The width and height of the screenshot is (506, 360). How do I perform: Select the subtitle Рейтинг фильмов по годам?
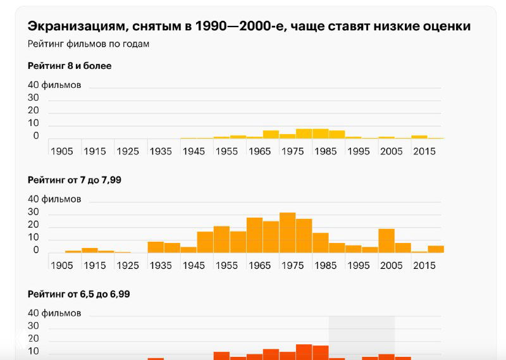tap(88, 44)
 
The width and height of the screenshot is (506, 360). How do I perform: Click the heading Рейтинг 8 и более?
tap(70, 66)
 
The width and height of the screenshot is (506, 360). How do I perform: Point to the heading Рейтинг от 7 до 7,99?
tap(75, 180)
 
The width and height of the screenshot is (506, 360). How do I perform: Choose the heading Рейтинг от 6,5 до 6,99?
tap(79, 294)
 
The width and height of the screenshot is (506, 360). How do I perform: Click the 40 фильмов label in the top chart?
tap(54, 85)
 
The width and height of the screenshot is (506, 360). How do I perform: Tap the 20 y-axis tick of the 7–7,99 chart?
tap(33, 225)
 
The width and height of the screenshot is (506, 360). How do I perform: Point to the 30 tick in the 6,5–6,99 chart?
tap(33, 326)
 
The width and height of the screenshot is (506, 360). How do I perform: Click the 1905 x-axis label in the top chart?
tap(62, 152)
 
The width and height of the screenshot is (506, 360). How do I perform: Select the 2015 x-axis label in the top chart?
tap(424, 152)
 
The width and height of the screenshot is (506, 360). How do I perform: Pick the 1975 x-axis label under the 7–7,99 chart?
tap(292, 266)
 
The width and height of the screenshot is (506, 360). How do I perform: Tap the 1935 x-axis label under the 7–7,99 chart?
tap(160, 266)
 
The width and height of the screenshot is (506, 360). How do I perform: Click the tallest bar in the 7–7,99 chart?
tap(287, 233)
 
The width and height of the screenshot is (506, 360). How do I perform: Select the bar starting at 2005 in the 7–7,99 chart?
tap(386, 241)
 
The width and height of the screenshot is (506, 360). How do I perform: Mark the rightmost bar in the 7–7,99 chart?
tap(436, 249)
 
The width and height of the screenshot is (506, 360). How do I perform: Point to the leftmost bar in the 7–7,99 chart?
tap(73, 251)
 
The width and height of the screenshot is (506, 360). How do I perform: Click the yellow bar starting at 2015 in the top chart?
tap(419, 137)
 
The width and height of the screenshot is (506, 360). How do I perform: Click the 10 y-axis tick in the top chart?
tap(33, 123)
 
